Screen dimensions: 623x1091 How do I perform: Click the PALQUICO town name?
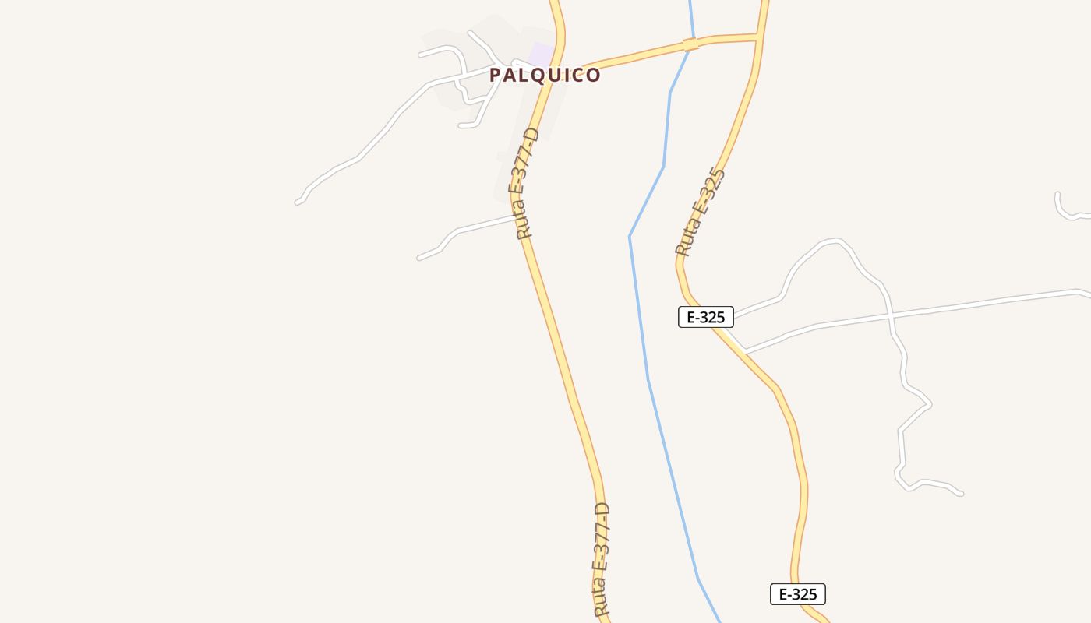[x=545, y=76]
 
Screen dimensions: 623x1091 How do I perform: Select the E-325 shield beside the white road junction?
[x=705, y=317]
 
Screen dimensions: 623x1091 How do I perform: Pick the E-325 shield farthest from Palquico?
[x=797, y=594]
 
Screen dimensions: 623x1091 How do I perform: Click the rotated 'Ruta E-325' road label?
[x=701, y=213]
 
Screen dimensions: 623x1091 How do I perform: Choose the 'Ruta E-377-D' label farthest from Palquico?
[x=602, y=561]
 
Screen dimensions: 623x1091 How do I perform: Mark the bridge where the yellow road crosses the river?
[x=690, y=44]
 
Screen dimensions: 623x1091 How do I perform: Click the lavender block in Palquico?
[x=542, y=55]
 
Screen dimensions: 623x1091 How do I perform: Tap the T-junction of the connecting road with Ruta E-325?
[x=757, y=36]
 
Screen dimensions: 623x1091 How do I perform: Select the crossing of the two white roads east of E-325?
[x=891, y=315]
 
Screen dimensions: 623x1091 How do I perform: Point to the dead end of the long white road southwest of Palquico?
[x=297, y=202]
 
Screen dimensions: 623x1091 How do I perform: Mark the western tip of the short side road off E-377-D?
[x=419, y=258]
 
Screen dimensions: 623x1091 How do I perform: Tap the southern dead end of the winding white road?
[x=961, y=493]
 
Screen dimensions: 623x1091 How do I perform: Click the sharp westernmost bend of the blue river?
[x=630, y=236]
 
